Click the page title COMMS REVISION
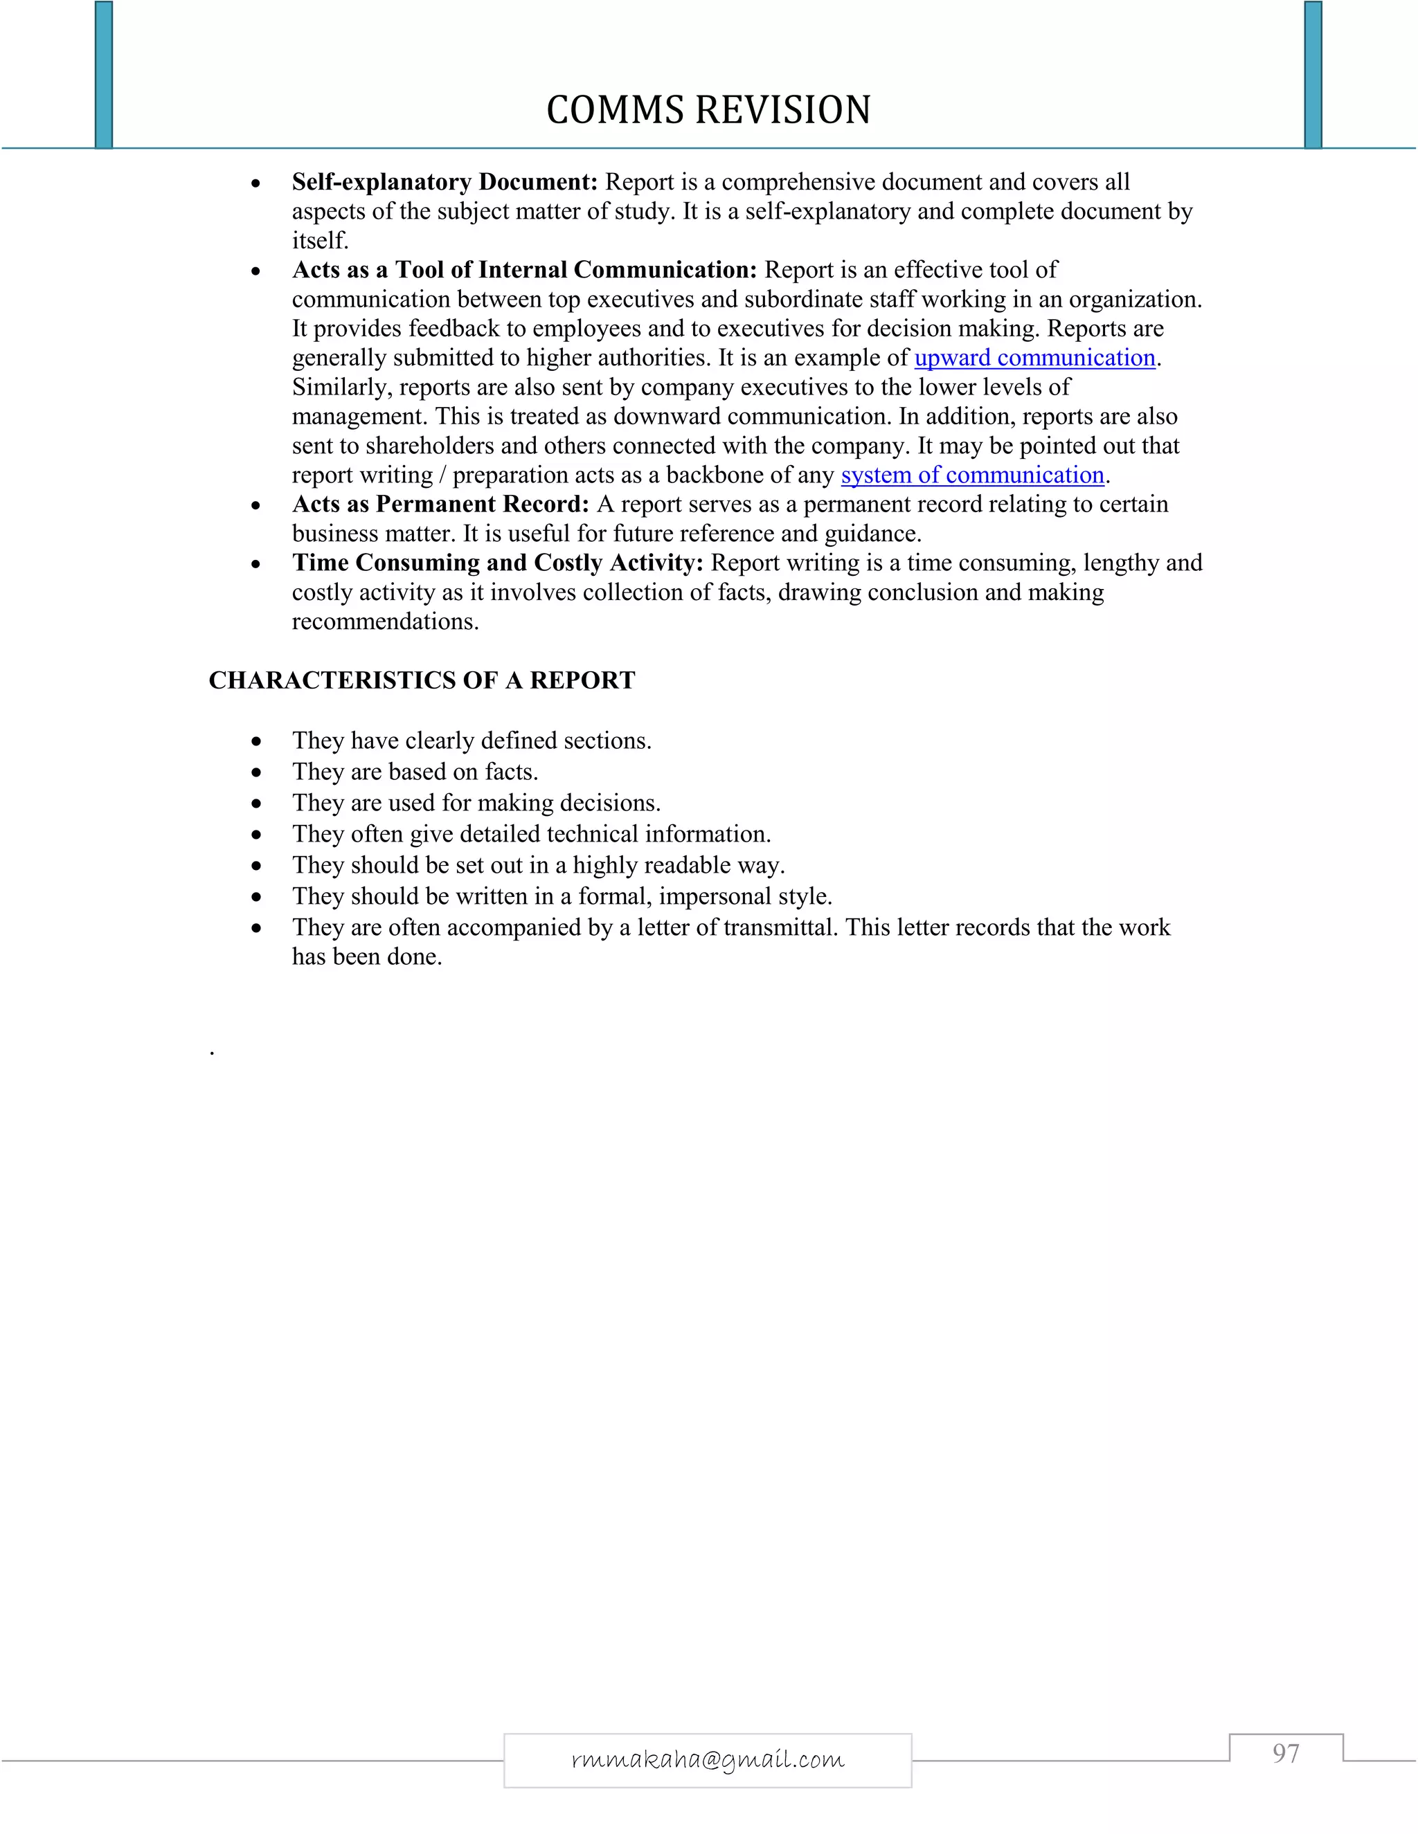708,110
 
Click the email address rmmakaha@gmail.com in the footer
708,1759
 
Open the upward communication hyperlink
1034,358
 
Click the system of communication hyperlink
972,475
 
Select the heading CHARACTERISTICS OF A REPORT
422,680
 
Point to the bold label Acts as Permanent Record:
440,504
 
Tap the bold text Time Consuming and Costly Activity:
497,563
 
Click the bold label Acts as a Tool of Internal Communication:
524,269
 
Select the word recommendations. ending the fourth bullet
385,621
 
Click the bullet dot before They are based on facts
256,772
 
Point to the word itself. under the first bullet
319,241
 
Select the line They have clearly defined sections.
472,741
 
